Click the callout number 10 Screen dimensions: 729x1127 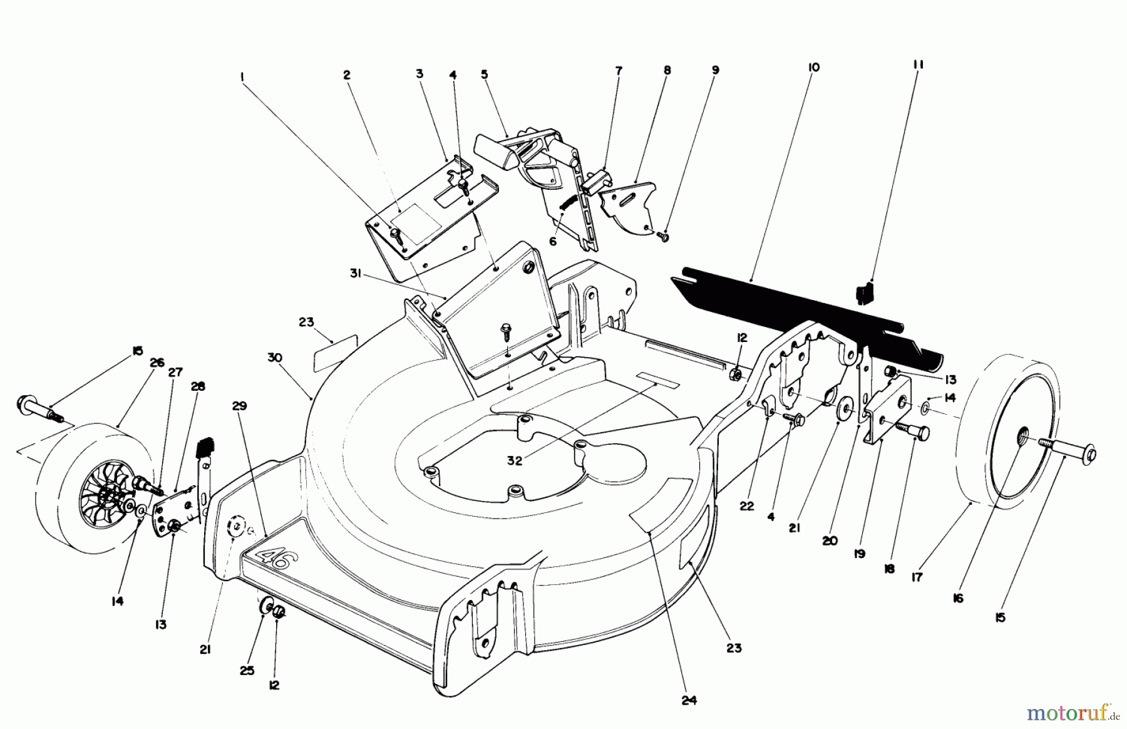(813, 67)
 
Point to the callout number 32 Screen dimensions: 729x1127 (514, 460)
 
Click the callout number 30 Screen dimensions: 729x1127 (275, 358)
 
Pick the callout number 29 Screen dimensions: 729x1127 (239, 406)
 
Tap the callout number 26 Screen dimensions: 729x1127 (156, 363)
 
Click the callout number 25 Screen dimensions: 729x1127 (247, 670)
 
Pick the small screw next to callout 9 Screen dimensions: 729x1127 (663, 236)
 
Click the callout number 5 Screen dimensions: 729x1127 (484, 74)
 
